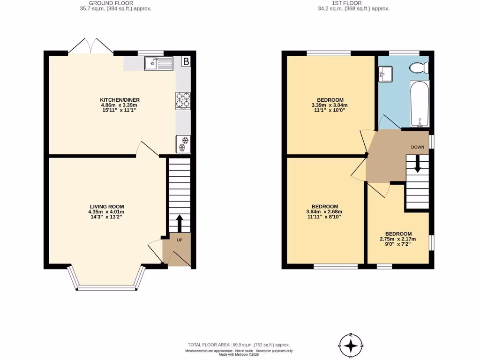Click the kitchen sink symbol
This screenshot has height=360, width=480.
159,63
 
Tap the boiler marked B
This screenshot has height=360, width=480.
186,61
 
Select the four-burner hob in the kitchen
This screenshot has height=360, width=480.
183,101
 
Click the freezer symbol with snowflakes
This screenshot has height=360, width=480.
183,144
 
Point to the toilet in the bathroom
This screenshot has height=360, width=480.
418,68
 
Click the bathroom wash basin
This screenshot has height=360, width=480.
387,74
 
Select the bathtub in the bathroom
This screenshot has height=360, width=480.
419,105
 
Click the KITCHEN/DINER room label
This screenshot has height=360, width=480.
120,100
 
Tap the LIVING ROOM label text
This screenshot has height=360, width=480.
107,206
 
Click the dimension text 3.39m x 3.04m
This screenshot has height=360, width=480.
330,106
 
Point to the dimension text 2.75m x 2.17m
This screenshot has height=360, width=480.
398,240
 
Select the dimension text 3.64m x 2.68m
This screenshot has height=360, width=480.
325,212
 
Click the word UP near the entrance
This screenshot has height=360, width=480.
180,240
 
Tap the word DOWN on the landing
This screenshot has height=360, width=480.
417,147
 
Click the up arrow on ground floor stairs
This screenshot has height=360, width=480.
179,223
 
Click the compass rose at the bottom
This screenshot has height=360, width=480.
351,345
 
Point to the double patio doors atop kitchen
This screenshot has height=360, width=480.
91,47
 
